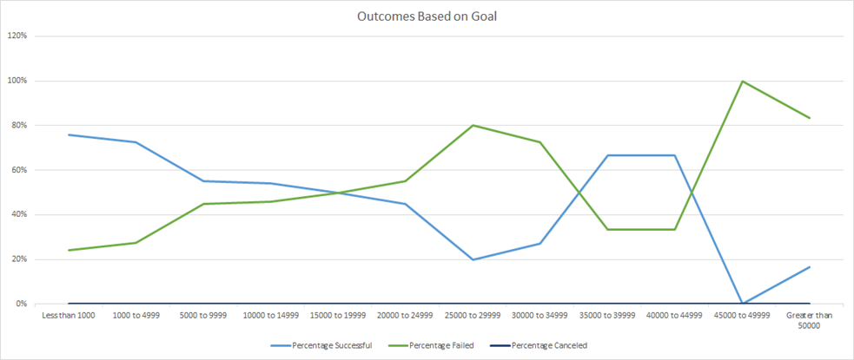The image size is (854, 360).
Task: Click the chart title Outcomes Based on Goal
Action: (x=427, y=16)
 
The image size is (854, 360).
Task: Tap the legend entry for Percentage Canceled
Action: (x=550, y=345)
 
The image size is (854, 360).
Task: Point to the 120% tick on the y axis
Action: (x=17, y=36)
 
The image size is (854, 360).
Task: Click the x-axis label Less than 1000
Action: (x=68, y=316)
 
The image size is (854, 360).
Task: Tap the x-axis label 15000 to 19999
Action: (x=338, y=316)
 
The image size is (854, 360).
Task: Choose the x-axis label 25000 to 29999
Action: (x=473, y=316)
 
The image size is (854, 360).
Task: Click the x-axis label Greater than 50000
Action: (x=810, y=320)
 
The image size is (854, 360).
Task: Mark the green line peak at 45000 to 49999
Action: (x=742, y=82)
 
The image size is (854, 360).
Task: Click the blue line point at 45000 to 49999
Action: (x=742, y=304)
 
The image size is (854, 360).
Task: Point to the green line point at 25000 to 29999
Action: (x=473, y=125)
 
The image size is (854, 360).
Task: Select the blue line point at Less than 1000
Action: (x=68, y=134)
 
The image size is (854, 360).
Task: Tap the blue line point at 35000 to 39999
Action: (x=607, y=155)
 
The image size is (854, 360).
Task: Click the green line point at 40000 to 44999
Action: (x=675, y=229)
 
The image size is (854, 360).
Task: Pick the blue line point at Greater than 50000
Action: (x=810, y=266)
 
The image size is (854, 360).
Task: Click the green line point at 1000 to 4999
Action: (x=136, y=243)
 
